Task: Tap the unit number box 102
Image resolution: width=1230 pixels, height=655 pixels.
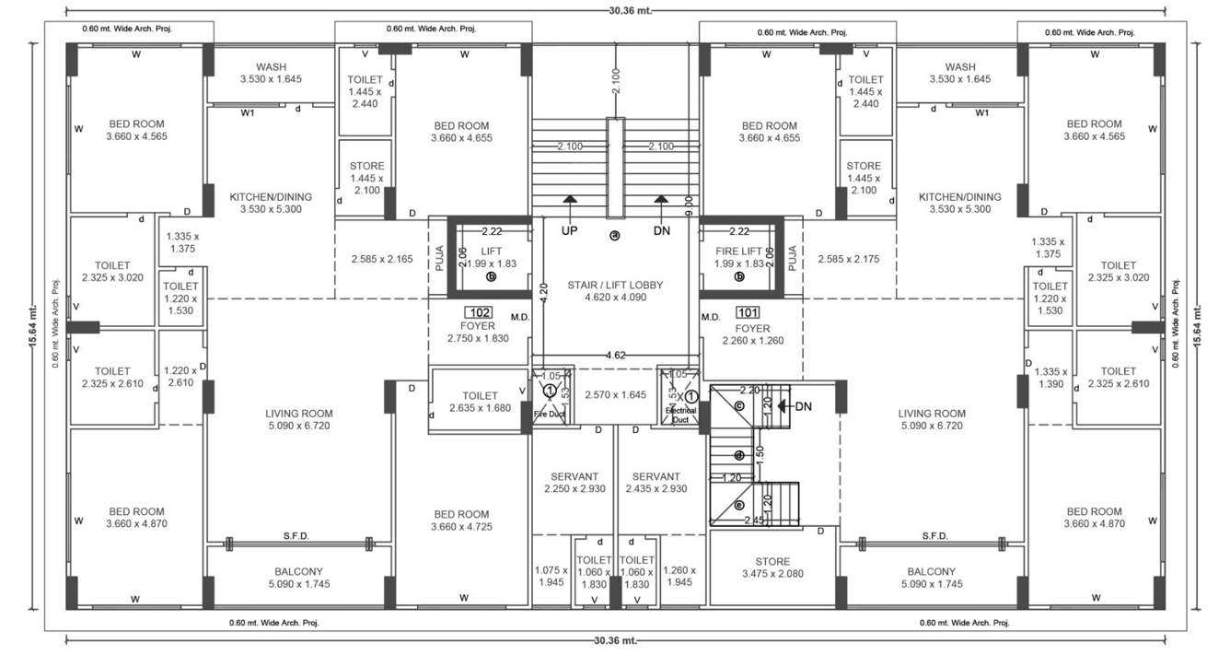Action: pyautogui.click(x=478, y=311)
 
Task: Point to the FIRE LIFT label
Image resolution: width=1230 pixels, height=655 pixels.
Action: pyautogui.click(x=740, y=251)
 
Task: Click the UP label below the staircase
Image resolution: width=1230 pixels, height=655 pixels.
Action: pyautogui.click(x=569, y=230)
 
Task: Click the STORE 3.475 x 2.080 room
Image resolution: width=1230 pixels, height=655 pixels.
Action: pyautogui.click(x=772, y=567)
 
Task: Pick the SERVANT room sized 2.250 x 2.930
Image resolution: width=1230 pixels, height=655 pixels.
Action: pyautogui.click(x=574, y=483)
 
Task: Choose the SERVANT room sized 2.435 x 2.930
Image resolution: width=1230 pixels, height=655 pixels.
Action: pyautogui.click(x=656, y=483)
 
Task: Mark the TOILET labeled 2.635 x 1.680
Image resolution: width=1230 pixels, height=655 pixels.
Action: pyautogui.click(x=480, y=402)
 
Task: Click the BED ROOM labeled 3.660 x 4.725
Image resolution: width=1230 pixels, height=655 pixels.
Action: pyautogui.click(x=461, y=520)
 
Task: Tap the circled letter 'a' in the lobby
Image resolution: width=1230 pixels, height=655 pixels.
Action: pyautogui.click(x=615, y=236)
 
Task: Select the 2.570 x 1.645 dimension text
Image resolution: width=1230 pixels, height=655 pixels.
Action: pyautogui.click(x=615, y=394)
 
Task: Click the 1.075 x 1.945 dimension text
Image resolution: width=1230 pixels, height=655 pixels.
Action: pyautogui.click(x=551, y=576)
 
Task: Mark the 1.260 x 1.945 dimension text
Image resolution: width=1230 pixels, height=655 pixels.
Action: pyautogui.click(x=679, y=576)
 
